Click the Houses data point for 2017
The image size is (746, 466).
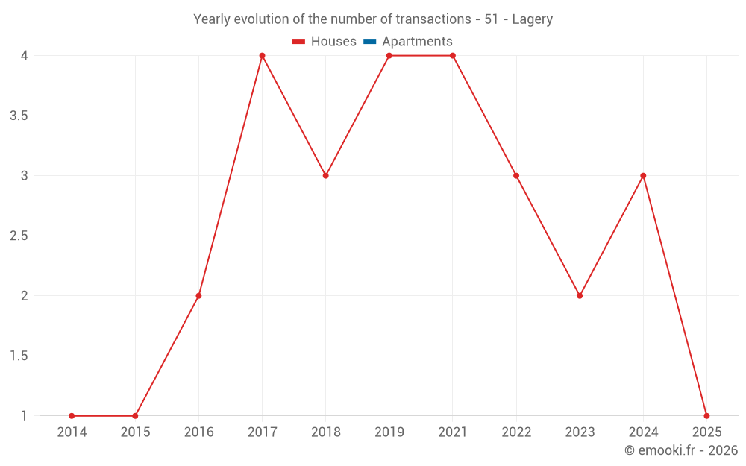(262, 56)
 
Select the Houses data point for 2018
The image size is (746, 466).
(326, 176)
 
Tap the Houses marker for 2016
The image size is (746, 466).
(198, 296)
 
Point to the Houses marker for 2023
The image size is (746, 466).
(580, 296)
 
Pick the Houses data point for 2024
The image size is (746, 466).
(643, 176)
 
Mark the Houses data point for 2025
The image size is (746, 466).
(706, 416)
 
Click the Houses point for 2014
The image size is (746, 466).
(72, 416)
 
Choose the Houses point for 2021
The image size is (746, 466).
(453, 56)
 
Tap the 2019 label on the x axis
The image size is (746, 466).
(389, 432)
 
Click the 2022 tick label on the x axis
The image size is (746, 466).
(516, 432)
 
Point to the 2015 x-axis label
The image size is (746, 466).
(135, 432)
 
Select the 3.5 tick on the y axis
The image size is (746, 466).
(19, 116)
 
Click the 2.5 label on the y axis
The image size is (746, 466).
(19, 236)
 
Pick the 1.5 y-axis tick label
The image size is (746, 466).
(19, 356)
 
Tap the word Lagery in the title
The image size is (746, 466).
(533, 19)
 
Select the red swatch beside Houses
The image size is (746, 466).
(299, 42)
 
